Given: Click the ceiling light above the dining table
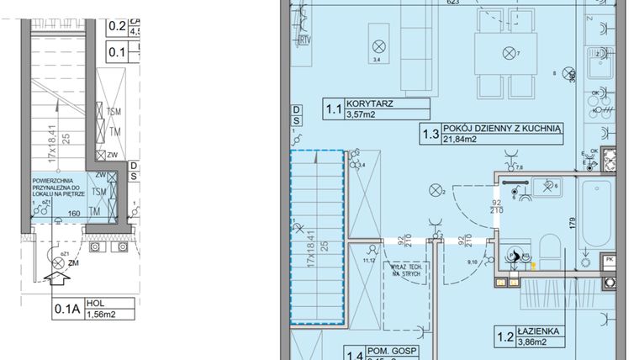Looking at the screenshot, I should (508, 53).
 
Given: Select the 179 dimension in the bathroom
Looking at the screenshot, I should (571, 222).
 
